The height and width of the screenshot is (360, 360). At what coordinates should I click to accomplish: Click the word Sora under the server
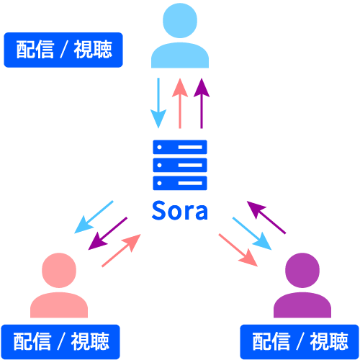tap(179, 211)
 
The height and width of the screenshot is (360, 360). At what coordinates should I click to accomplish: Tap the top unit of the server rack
tap(180, 147)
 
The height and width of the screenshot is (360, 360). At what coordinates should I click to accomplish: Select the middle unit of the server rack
tap(180, 165)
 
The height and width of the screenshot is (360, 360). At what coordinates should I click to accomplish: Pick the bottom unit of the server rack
tap(180, 182)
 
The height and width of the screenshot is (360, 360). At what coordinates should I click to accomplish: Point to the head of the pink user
tap(59, 271)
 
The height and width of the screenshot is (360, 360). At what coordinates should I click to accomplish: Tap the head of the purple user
tap(302, 271)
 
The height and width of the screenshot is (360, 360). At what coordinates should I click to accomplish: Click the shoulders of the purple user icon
tap(302, 305)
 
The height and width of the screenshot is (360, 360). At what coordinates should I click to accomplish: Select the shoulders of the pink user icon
tap(59, 305)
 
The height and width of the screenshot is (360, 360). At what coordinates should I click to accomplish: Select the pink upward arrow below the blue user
tap(180, 100)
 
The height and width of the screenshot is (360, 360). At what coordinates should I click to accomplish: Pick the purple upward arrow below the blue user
tap(202, 100)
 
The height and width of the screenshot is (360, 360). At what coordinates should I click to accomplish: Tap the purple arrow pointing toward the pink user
tap(107, 233)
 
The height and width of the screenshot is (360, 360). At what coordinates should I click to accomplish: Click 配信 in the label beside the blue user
tap(32, 51)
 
